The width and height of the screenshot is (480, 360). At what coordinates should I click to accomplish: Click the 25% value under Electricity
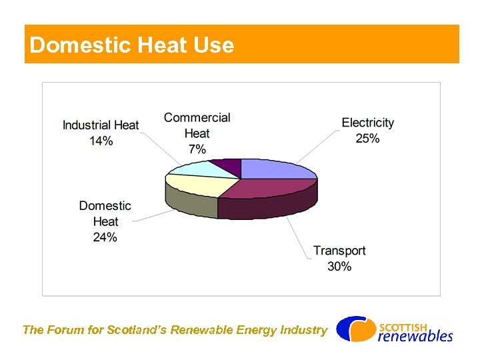367,139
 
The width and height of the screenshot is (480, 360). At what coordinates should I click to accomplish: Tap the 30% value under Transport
339,267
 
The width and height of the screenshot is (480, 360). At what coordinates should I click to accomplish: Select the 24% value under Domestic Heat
105,237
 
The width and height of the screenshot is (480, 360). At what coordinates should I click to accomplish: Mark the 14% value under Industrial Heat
101,141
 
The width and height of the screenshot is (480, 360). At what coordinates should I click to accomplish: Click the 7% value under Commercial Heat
197,149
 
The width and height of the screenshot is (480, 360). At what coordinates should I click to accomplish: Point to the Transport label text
339,251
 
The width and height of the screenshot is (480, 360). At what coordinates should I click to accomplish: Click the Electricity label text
367,123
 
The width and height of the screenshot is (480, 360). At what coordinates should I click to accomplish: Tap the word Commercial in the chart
197,118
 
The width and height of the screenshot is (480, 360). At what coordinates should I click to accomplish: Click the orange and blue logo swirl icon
354,329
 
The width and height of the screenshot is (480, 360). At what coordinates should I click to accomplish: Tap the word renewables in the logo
415,336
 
